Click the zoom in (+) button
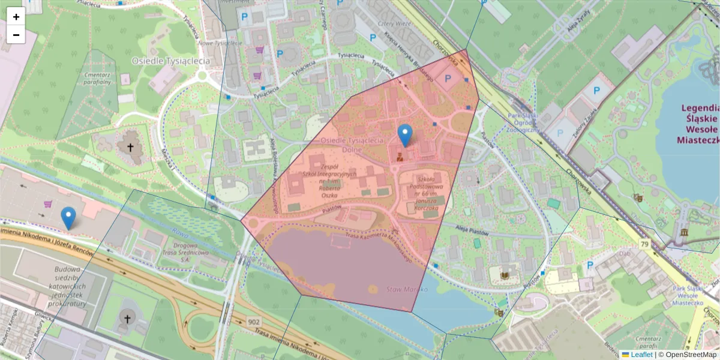coord(16,17)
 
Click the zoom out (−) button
coord(16,35)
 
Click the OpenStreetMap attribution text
coord(689,355)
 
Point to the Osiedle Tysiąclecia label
coord(171,61)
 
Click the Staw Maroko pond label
coord(407,289)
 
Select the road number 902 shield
coord(254,322)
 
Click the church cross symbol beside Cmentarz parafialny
coord(130,146)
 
